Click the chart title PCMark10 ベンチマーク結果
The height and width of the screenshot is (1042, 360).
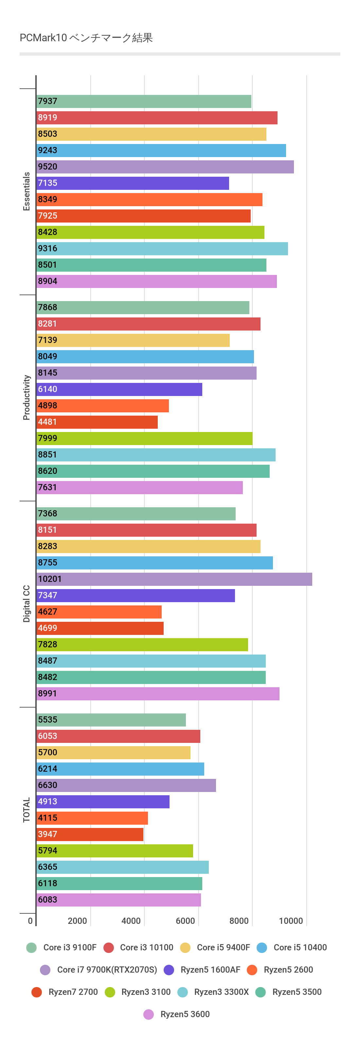86,38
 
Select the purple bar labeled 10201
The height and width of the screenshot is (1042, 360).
174,579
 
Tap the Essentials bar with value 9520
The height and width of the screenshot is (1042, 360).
165,167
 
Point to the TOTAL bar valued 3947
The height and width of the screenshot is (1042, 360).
90,834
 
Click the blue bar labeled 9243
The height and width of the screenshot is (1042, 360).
161,151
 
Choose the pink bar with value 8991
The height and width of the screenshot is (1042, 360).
158,693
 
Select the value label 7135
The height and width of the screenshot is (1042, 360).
48,183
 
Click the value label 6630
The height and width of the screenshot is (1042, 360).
48,785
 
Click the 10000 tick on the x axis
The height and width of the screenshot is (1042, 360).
291,921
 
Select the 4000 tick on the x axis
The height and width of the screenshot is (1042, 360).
131,921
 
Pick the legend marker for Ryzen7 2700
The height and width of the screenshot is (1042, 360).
37,992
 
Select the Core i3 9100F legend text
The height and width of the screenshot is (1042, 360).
70,947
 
